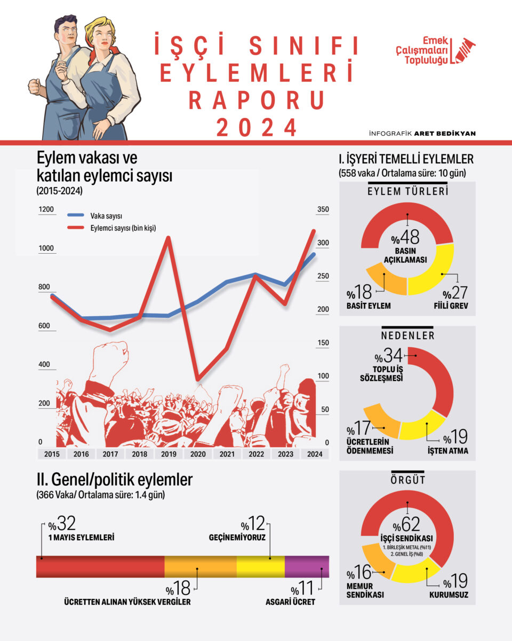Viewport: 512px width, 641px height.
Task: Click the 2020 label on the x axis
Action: [x=198, y=454]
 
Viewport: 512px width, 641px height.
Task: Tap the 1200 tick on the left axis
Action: [x=46, y=209]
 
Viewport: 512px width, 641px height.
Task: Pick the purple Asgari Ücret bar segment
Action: [x=307, y=566]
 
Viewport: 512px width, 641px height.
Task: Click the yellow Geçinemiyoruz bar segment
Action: [x=260, y=566]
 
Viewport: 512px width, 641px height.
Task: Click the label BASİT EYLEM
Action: [x=369, y=306]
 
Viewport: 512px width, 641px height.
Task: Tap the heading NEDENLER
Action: [x=407, y=335]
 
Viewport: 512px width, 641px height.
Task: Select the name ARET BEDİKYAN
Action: [x=453, y=133]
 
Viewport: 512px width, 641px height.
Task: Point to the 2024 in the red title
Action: [x=256, y=127]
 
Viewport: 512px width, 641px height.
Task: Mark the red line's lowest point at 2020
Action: [x=198, y=380]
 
